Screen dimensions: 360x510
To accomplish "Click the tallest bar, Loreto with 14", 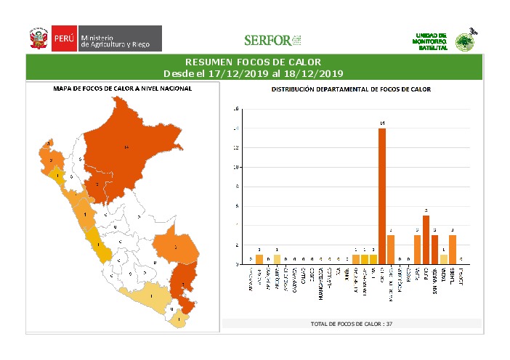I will click(381, 196).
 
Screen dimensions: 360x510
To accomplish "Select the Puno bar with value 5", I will click(426, 240).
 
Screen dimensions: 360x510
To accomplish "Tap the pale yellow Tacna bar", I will click(443, 260).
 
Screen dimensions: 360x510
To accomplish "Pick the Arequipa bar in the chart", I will click(277, 260).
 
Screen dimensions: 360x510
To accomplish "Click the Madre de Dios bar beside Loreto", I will click(391, 250).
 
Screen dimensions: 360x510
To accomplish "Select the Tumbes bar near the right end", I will click(453, 250).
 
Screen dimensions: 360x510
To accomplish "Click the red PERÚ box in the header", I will click(62, 38).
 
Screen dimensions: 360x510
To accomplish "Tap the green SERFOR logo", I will click(272, 40).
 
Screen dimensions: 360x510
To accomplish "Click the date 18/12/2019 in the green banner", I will click(313, 73).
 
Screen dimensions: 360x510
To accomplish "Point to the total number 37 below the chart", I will click(389, 323).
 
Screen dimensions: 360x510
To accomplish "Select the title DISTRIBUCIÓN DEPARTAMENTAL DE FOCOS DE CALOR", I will click(351, 90).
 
